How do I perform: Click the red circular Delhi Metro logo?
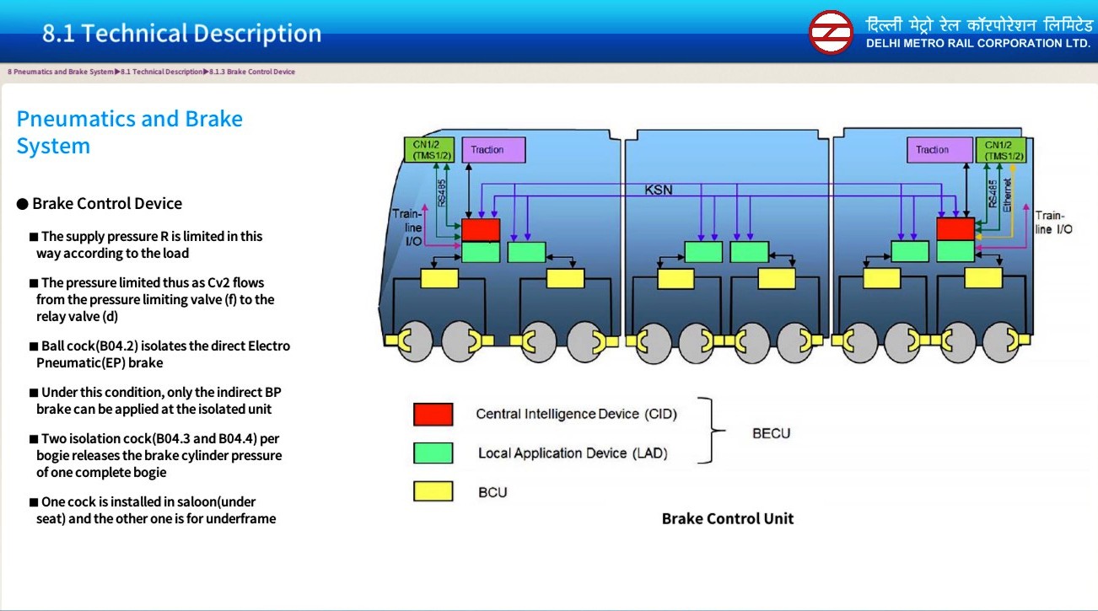point(831,32)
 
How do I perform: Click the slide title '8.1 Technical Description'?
point(182,34)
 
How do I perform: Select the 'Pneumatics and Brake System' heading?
point(129,132)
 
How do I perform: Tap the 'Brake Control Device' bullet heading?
point(106,204)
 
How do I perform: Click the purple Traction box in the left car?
point(493,150)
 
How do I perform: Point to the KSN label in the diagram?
point(659,190)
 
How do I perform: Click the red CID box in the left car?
point(481,229)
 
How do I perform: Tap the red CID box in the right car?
point(955,228)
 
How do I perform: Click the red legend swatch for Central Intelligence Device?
point(433,415)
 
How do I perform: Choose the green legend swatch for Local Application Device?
point(433,453)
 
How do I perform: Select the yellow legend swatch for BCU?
point(433,491)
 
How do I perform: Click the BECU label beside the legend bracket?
point(771,434)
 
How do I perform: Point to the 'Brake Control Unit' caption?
point(727,519)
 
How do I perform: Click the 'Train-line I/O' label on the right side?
point(1053,222)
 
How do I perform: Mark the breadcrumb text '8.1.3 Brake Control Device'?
point(252,72)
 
